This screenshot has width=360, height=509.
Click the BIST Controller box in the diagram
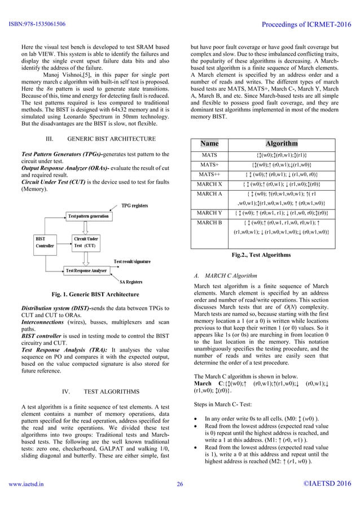[x=45, y=242]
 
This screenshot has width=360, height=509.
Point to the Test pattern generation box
[x=88, y=217]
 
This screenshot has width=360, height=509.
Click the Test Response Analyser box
[x=88, y=271]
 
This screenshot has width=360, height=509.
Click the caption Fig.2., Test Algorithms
[x=261, y=255]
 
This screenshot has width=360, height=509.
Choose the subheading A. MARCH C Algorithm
[x=225, y=276]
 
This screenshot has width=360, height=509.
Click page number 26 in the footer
[x=180, y=484]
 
